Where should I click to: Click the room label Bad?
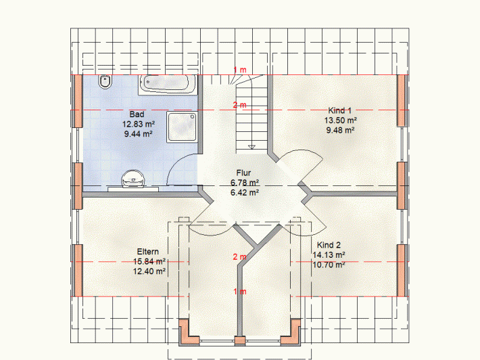point(137,114)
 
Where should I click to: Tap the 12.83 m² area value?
point(139,124)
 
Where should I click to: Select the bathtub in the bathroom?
point(168,84)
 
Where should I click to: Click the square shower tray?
point(182,127)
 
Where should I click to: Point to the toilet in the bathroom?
point(105,82)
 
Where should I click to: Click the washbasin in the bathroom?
point(133,179)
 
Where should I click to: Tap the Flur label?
point(243,173)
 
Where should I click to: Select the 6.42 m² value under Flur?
point(245,192)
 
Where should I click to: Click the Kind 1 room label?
point(340,110)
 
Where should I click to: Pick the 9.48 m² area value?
point(341,130)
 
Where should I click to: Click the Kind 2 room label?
point(329,245)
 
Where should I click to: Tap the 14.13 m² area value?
point(329,255)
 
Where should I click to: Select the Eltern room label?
point(148,252)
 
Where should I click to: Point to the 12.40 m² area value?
point(149,271)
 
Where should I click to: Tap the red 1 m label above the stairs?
point(240,70)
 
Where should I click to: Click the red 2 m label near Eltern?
point(240,256)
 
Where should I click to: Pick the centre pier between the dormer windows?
point(240,340)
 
